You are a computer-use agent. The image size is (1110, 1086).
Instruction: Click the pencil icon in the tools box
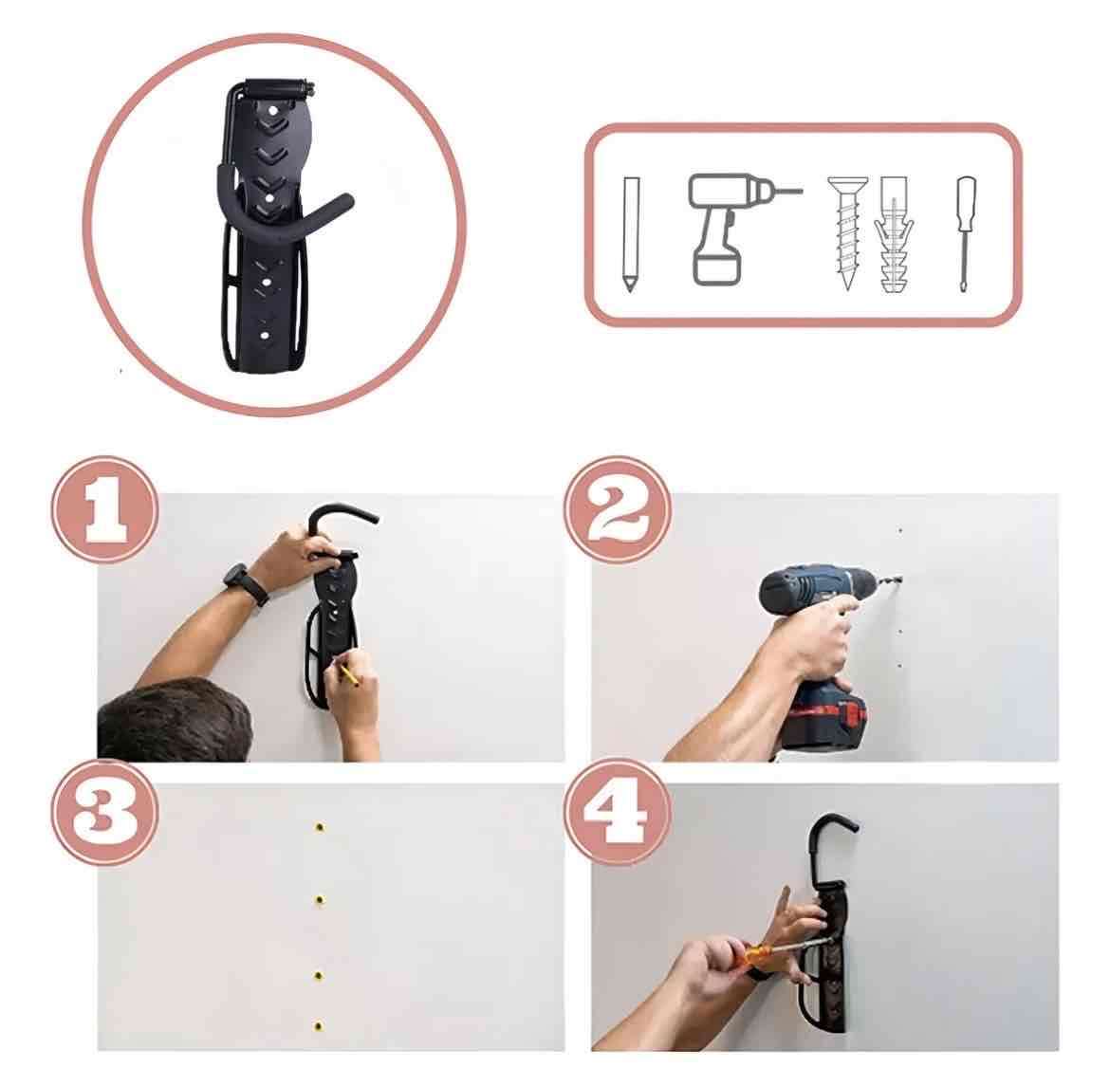point(630,233)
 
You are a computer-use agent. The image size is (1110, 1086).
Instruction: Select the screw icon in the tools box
point(847,232)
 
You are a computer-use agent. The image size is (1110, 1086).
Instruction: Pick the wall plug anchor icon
point(894,234)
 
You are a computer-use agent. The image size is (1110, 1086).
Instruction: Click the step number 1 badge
point(104,509)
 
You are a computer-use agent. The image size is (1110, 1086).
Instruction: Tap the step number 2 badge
point(618,509)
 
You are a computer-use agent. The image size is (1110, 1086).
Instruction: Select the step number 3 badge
point(104,812)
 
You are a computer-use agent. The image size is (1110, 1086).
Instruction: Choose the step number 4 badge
point(618,812)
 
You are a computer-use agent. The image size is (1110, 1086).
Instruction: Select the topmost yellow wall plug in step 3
point(320,827)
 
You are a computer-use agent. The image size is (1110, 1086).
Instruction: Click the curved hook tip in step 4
point(852,825)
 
